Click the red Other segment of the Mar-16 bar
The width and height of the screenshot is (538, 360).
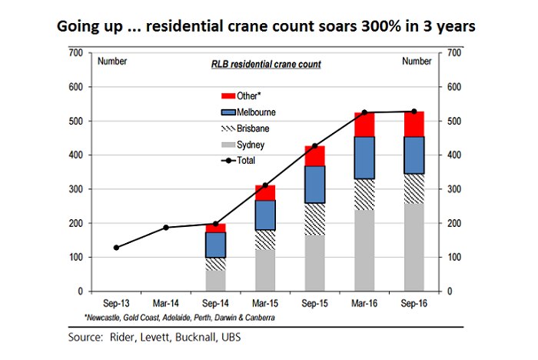tap(365, 125)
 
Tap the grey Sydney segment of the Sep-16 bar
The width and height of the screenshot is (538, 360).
tap(414, 247)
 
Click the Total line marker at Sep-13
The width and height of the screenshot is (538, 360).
tap(116, 248)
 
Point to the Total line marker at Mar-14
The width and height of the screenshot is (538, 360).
tap(166, 227)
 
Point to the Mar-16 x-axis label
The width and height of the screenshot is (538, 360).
tap(365, 304)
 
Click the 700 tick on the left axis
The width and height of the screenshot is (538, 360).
tap(75, 52)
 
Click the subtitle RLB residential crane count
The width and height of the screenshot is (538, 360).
tap(266, 65)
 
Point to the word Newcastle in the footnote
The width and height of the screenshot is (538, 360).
tap(114, 316)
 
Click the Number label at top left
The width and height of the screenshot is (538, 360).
tap(112, 61)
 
